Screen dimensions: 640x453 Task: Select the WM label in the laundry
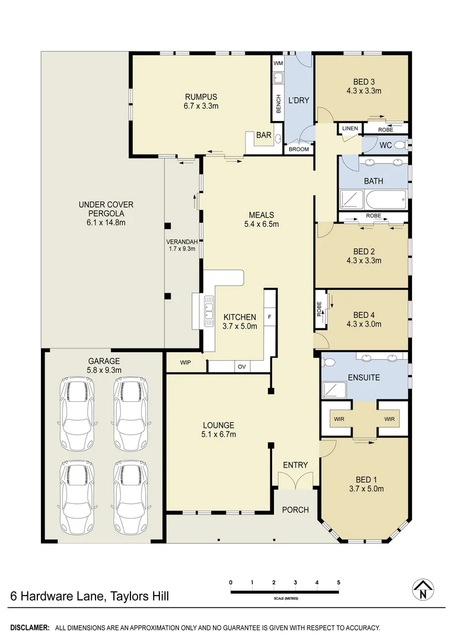click(x=277, y=63)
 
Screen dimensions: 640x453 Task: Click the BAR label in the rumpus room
click(x=263, y=136)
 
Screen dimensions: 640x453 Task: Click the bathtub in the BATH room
click(x=374, y=199)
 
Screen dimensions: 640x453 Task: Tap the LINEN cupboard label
click(x=349, y=129)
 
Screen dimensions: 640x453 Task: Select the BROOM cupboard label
click(x=299, y=149)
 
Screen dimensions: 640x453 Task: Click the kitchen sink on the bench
click(x=208, y=311)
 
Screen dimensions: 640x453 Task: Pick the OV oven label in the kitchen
click(x=241, y=367)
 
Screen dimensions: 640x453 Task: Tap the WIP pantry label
click(x=186, y=361)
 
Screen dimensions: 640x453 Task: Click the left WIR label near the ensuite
click(x=339, y=419)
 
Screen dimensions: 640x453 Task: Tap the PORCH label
click(x=295, y=510)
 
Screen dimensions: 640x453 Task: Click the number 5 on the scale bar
click(x=339, y=583)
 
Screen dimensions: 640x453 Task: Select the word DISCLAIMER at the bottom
click(x=30, y=627)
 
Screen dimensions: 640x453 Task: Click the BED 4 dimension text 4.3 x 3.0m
click(x=363, y=324)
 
